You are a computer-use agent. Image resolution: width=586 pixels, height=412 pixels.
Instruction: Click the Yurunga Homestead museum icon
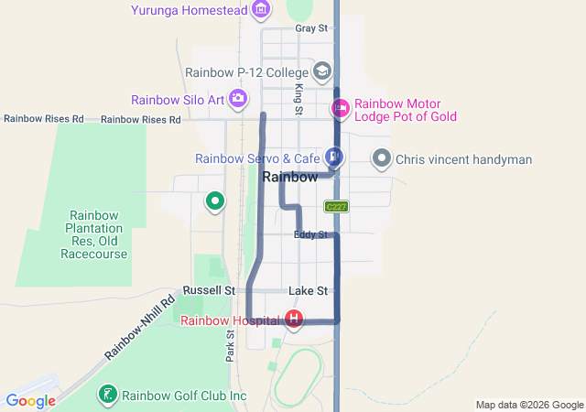click(x=261, y=10)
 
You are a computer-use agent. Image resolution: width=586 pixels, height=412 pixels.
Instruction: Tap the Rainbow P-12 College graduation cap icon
click(x=321, y=70)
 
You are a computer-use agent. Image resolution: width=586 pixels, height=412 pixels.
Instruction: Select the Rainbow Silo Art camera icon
click(x=238, y=99)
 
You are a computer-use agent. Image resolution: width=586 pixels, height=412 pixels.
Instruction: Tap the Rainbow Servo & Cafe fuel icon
click(x=334, y=157)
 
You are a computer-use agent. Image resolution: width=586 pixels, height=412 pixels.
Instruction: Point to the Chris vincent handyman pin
click(x=382, y=159)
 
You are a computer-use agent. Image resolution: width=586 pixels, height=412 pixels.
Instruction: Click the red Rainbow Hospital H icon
click(x=294, y=320)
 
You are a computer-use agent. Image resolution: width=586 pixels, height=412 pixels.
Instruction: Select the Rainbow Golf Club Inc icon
click(x=108, y=396)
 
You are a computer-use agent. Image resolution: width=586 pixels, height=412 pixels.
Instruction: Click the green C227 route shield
click(x=336, y=207)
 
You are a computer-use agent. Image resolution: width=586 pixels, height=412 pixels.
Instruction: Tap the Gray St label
click(x=311, y=28)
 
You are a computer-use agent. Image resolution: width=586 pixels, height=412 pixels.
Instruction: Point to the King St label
click(x=298, y=97)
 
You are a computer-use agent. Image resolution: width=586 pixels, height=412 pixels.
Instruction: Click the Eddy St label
click(x=310, y=235)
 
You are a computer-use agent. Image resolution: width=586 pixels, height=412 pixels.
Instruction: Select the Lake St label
click(x=308, y=290)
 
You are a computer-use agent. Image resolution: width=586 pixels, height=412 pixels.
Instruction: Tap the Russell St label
click(x=209, y=290)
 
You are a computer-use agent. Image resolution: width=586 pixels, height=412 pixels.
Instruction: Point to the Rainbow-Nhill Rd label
click(x=139, y=327)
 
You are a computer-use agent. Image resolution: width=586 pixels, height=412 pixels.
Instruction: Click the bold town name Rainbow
click(x=289, y=178)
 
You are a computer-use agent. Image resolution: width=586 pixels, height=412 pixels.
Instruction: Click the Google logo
click(x=30, y=400)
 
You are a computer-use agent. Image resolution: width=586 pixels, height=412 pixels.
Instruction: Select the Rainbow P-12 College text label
click(x=246, y=71)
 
